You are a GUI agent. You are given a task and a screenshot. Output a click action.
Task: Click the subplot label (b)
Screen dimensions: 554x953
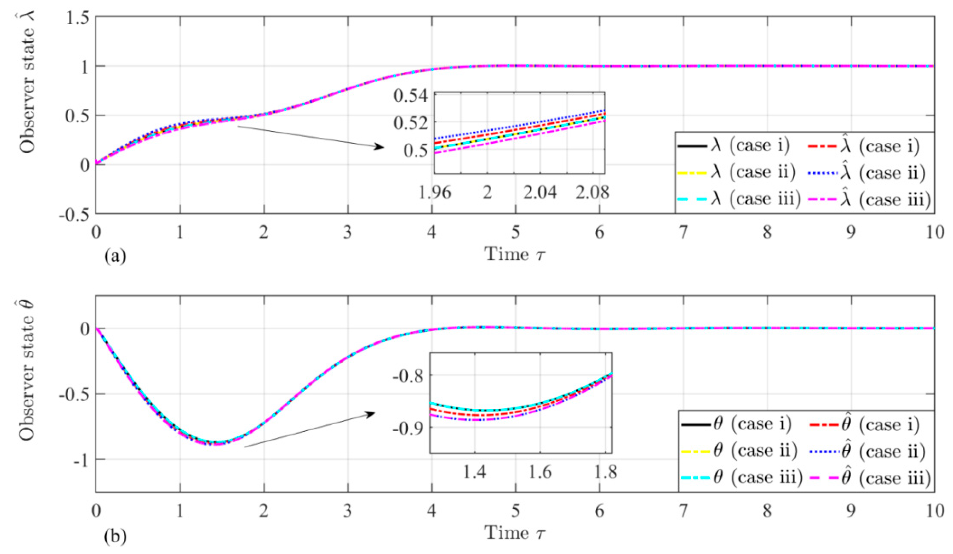[115, 536]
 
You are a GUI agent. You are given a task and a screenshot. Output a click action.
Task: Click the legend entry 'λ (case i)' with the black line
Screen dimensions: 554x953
[753, 145]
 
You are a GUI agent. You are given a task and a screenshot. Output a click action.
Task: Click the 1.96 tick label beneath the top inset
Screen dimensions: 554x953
[434, 193]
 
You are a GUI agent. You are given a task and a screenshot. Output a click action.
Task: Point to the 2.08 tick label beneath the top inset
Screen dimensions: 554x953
[593, 193]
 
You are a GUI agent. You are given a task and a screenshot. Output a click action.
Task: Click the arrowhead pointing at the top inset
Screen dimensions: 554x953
[380, 147]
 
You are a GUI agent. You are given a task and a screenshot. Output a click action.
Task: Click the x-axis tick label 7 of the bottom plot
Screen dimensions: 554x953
[683, 512]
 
